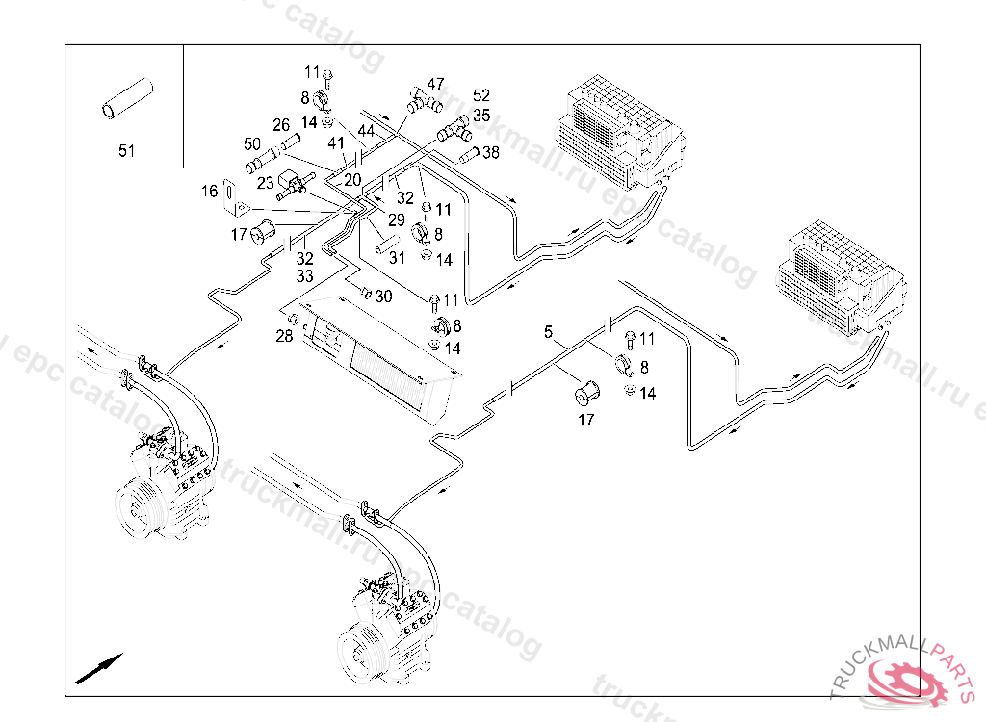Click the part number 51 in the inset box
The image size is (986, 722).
coord(127,150)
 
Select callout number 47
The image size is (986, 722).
coord(435,84)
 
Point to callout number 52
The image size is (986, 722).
coord(481,95)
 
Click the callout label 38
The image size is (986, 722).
coord(491,152)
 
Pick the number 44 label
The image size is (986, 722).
coord(366,129)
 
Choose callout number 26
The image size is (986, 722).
coord(281,125)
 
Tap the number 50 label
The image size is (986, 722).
coord(252,144)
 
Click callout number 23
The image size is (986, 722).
coord(265,182)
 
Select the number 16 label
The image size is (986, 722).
coord(210,192)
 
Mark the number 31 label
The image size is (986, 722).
coord(397,257)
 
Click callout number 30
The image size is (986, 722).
coord(383,297)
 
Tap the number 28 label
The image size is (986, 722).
coord(284,335)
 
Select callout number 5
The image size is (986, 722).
coord(548,332)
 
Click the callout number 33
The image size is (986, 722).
coord(304,276)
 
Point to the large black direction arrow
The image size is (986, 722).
coord(99,666)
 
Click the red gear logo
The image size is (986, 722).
coord(906,682)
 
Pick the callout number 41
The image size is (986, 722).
coord(336,143)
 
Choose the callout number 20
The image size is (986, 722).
coord(352,180)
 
